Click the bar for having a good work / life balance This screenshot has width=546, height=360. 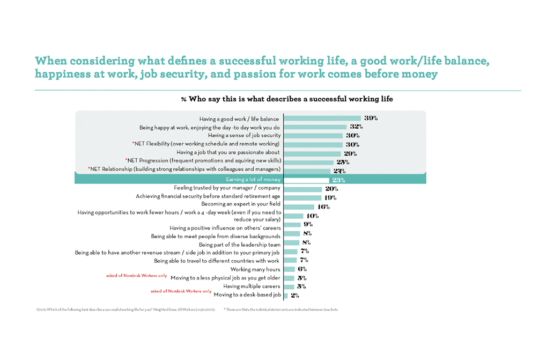point(322,118)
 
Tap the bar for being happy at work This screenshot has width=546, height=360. point(315,127)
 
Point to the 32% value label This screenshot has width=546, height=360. point(356,127)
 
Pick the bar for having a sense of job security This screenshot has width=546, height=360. point(313,136)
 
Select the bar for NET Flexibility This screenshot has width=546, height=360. point(313,144)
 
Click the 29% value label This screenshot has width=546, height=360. point(350,153)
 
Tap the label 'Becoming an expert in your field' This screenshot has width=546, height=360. point(240,204)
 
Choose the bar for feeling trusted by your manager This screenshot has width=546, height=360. point(302,189)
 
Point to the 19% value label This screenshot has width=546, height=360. point(330,197)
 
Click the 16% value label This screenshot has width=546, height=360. point(323,207)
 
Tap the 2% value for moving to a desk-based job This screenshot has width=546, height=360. point(294,296)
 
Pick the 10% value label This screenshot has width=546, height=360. point(312,216)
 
